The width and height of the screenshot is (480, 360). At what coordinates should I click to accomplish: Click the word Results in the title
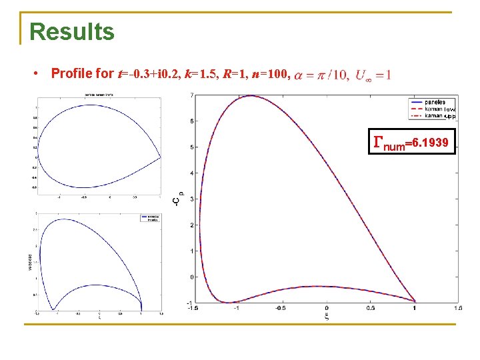pyautogui.click(x=72, y=31)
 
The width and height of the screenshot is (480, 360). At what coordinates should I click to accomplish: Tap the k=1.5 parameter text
pyautogui.click(x=182, y=73)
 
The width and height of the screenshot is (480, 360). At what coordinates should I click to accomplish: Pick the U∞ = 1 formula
pyautogui.click(x=374, y=74)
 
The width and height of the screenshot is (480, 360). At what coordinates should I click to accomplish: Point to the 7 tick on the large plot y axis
pyautogui.click(x=192, y=95)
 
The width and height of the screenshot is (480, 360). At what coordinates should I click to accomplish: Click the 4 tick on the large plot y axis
pyautogui.click(x=192, y=173)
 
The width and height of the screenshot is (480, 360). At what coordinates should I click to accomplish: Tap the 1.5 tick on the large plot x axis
pyautogui.click(x=458, y=308)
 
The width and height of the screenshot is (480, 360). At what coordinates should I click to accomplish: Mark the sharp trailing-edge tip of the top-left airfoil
pyautogui.click(x=161, y=157)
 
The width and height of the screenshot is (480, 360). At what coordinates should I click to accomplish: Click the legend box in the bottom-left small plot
pyautogui.click(x=150, y=217)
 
